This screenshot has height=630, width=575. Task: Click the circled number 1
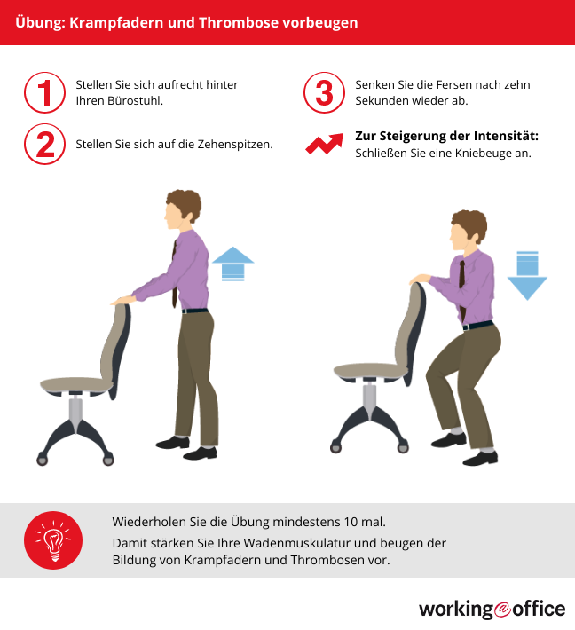tap(44, 93)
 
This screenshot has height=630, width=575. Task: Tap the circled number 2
tap(44, 144)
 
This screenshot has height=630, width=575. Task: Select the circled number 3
tap(324, 93)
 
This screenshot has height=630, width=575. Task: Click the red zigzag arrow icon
tap(325, 144)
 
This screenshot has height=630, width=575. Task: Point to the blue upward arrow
tap(232, 264)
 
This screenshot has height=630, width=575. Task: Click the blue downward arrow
tap(527, 276)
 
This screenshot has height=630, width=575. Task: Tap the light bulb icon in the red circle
tap(53, 540)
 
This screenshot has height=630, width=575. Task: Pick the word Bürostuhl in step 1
tap(134, 100)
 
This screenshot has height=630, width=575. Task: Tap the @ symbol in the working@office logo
tap(502, 609)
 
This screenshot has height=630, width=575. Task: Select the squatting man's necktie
tap(462, 289)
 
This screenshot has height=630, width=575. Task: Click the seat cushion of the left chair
tap(76, 385)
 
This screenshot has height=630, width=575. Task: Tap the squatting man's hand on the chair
tap(420, 279)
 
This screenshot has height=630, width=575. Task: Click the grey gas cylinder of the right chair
tap(369, 397)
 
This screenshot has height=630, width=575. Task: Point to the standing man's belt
tap(195, 311)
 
